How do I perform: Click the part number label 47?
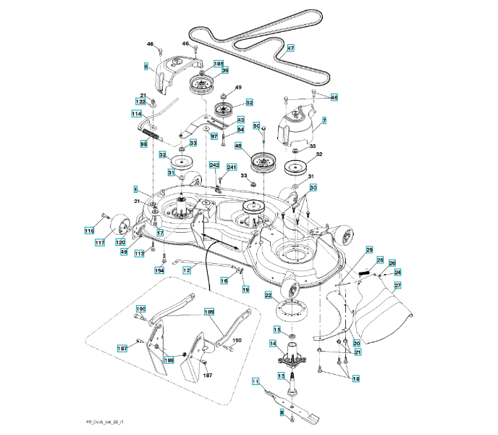(x=290, y=49)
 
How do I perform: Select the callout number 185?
(x=219, y=64)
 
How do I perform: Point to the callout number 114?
(x=136, y=115)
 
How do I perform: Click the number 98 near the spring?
(x=143, y=144)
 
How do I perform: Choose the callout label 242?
(x=214, y=165)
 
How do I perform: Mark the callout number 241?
(x=232, y=167)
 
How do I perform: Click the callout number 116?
(x=89, y=231)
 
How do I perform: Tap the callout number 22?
(x=268, y=295)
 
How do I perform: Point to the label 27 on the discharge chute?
(x=397, y=286)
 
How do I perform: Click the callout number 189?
(x=210, y=312)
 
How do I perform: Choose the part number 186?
(x=169, y=360)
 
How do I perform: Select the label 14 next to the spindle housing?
(x=274, y=343)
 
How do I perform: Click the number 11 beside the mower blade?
(x=255, y=381)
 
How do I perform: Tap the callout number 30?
(x=313, y=187)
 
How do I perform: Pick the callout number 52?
(x=249, y=103)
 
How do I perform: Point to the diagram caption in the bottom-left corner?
(x=104, y=421)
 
